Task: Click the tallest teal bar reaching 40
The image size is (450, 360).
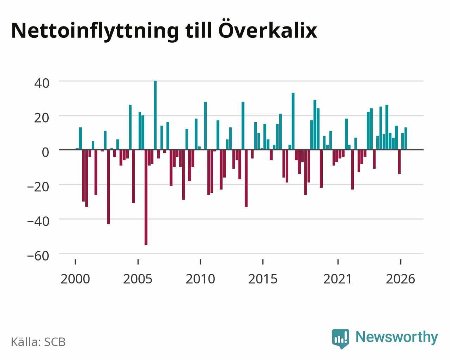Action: coord(155,115)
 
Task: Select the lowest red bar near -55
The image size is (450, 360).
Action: coord(146,197)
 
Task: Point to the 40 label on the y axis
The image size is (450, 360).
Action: coord(42,83)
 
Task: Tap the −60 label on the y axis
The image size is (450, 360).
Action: coord(38,256)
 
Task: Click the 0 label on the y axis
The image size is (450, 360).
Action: coord(45,152)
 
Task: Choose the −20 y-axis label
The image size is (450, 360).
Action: coord(38,187)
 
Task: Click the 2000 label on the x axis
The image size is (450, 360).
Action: coord(75,279)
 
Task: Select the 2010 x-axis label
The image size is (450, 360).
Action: coord(200,279)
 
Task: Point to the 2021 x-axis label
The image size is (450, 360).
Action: coord(338,279)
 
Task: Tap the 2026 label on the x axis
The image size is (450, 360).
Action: coord(400,279)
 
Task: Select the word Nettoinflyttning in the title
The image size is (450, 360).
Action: coord(95,31)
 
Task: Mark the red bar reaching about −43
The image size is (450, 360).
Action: coord(108,187)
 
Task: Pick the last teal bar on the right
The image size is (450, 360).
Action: coord(406,139)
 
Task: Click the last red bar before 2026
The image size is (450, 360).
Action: coord(400,162)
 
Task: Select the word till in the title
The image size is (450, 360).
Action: coord(199,30)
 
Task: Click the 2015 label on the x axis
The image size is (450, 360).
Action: coord(263,279)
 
